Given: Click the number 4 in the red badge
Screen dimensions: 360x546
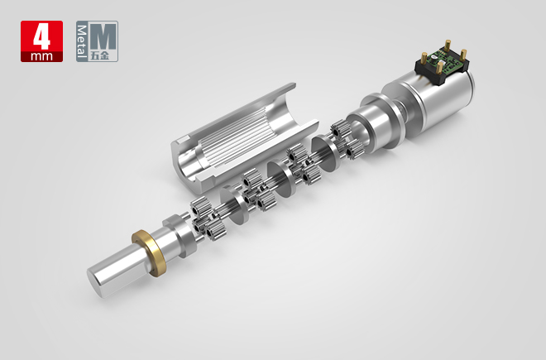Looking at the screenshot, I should click(41, 36).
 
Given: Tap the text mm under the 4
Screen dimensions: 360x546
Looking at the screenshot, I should click(41, 55).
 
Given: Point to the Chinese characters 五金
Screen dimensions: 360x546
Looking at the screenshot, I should click(105, 55).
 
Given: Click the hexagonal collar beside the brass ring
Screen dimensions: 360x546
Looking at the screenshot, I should click(178, 233).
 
